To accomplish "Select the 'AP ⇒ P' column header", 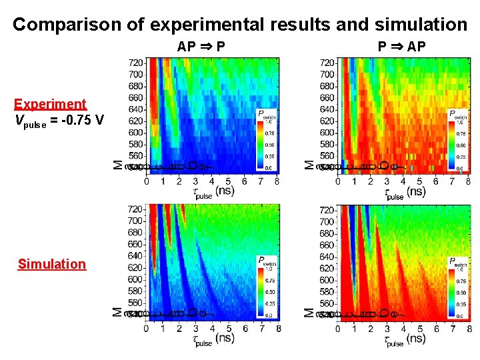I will pos(201,47).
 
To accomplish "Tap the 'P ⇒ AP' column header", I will pos(401,47).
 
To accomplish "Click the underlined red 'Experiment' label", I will pos(50,104).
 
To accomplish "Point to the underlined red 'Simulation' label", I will pos(52,264).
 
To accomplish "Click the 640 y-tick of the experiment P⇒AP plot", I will pos(328,109).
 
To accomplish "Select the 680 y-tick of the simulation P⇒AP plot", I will pos(328,233).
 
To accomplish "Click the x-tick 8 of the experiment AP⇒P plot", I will pos(277,181).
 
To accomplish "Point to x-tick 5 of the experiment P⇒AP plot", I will pos(419,181).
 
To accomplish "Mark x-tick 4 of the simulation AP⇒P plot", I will pos(212,328).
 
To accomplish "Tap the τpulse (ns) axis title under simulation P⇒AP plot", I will pos(405,339).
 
